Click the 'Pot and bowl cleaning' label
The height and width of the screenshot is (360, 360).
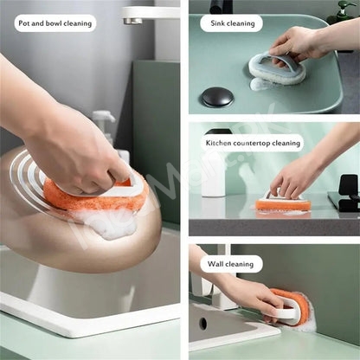coord(55,23)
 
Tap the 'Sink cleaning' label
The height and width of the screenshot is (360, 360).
coord(233,23)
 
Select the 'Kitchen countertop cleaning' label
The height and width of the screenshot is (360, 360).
coord(253,143)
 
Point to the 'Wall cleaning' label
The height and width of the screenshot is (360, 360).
coord(230,264)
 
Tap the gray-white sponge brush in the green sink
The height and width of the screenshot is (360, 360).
coord(277,68)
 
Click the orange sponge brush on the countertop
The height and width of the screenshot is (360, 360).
coord(283,204)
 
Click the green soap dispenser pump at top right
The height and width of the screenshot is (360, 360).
coord(344,11)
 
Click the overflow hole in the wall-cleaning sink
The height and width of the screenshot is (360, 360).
coord(203,324)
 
